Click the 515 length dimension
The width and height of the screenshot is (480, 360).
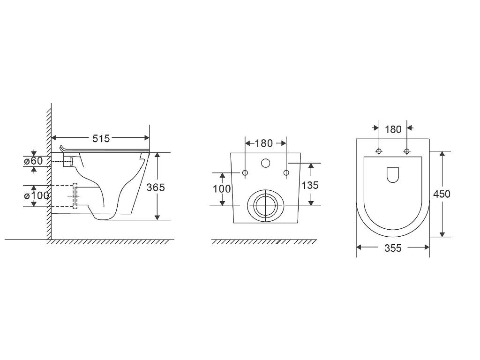[x=101, y=139]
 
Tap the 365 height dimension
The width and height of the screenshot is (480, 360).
[x=156, y=187]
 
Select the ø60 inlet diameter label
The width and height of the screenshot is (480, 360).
[x=34, y=161]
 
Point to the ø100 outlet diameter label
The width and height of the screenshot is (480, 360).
[x=37, y=195]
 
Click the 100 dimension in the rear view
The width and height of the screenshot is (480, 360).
[x=222, y=189]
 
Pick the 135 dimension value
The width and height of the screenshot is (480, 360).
[x=310, y=185]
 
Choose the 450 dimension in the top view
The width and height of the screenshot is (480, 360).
[x=442, y=194]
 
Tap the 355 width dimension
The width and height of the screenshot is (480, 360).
[x=393, y=248]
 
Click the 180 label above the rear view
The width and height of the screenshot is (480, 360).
[x=263, y=143]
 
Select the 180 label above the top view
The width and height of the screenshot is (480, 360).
[x=393, y=129]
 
